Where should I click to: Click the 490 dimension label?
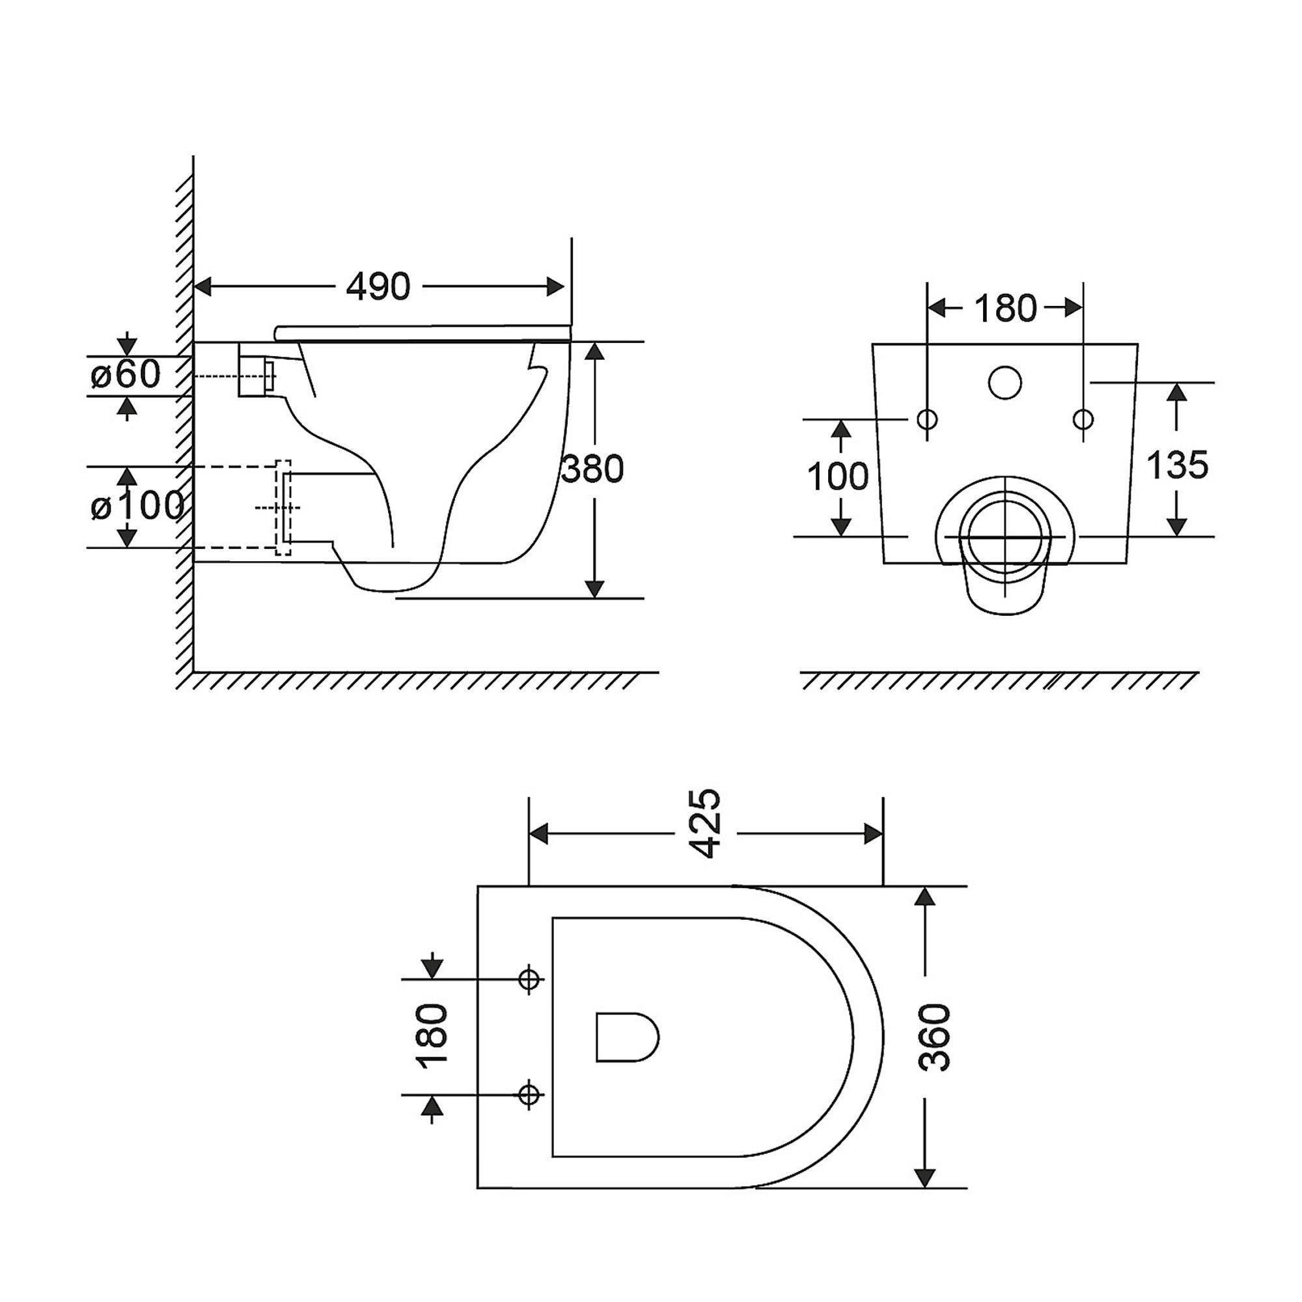point(378,287)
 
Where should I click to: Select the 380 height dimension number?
point(592,470)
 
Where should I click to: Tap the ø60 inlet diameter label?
point(126,375)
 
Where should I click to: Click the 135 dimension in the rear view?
point(1176,465)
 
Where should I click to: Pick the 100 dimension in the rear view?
point(838,477)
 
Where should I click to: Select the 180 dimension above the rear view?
point(1004,309)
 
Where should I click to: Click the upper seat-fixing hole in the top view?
point(529,978)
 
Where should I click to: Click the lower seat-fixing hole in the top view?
point(529,1095)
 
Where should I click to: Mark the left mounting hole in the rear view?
point(927,419)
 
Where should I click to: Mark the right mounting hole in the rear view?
point(1083,419)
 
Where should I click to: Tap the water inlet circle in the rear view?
point(1004,383)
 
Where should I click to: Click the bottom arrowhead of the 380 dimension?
point(594,589)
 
